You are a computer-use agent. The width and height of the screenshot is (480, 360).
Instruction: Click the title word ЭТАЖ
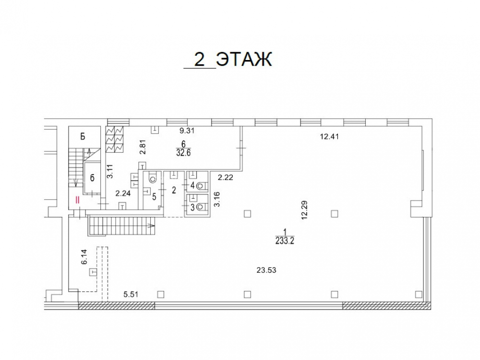tap(244, 59)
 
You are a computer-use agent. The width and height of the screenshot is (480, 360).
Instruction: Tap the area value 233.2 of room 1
tap(285, 241)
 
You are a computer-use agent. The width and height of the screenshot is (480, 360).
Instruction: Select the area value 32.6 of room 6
tap(183, 153)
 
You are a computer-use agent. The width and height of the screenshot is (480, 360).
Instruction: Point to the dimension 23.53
tap(266, 270)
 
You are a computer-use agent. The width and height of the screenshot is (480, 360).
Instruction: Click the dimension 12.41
tap(329, 136)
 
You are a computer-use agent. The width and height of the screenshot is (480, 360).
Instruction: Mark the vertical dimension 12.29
tap(304, 210)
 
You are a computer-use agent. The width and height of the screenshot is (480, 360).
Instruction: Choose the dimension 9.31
tap(187, 131)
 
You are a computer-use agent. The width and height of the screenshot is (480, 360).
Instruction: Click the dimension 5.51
tap(131, 295)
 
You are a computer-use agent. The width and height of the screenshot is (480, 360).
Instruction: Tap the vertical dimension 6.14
tap(84, 257)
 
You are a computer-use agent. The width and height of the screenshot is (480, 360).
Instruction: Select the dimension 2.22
tap(226, 177)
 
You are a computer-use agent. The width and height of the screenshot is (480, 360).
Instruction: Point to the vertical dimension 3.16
tap(217, 199)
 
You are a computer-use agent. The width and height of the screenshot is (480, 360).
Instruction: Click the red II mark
tap(77, 200)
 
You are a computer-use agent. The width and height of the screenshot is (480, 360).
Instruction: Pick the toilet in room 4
tap(202, 185)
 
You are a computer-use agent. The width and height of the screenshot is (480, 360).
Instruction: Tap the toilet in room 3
tap(202, 207)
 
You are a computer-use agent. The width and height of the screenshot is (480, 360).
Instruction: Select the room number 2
tap(174, 191)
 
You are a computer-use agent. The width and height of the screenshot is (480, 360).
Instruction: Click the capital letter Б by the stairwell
tap(83, 136)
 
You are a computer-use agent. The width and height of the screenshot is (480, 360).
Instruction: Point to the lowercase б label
tap(92, 178)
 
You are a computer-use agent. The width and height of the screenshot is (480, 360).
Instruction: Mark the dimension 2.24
tap(123, 193)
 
